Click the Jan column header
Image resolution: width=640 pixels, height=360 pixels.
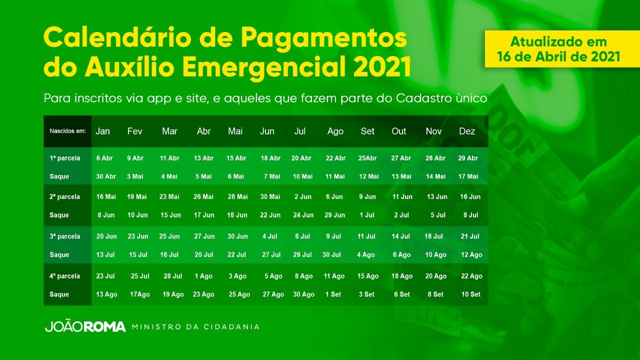pos(102,131)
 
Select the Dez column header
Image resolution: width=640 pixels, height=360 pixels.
pos(467,131)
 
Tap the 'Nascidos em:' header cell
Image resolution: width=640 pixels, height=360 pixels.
pos(67,131)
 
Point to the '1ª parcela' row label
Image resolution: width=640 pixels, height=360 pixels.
pos(65,158)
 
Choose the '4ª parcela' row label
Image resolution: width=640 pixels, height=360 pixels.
pos(65,276)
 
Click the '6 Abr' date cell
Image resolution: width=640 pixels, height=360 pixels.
pos(104,158)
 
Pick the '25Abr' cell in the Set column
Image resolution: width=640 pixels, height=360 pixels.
pos(367,158)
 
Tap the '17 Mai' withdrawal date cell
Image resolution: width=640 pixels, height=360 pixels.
pos(468,176)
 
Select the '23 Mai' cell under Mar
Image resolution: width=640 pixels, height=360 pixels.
pos(169,196)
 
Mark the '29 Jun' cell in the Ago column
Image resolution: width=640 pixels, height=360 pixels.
pos(334,215)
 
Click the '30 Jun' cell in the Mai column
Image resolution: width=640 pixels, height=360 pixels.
pos(237,236)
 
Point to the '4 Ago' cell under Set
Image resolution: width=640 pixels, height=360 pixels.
pos(365,254)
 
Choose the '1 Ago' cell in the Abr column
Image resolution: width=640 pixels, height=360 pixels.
pos(203,276)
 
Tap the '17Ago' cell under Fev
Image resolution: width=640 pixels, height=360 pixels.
pos(139,294)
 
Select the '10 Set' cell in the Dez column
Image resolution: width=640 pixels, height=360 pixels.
pos(471,294)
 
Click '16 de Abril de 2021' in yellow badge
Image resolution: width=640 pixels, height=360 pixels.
pos(558,56)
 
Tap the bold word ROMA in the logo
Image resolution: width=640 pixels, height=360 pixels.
pos(105,327)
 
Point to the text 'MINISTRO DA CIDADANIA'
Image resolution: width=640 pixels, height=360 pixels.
pos(195,327)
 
